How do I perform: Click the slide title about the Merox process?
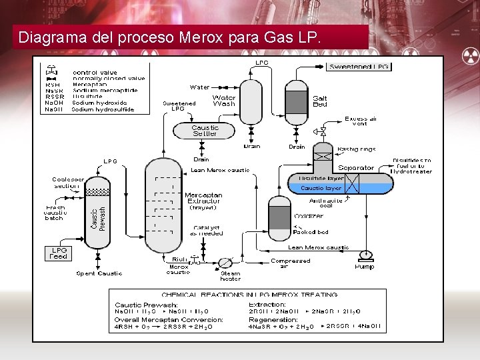170,37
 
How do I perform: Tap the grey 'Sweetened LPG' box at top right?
359,67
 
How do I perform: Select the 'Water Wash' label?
224,101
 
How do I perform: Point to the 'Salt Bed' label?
320,101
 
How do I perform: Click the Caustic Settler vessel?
205,131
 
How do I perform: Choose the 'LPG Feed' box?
59,253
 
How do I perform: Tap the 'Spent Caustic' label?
99,273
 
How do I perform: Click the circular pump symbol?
365,254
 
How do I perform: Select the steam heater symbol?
226,263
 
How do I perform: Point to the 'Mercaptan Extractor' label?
203,198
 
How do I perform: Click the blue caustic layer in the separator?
322,189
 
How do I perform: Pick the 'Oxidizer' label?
309,216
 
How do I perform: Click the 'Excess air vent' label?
360,121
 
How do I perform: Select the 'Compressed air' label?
290,264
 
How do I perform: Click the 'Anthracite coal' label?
325,203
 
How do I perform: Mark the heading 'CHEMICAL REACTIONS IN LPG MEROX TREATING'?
249,294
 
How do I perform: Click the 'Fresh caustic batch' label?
55,213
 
